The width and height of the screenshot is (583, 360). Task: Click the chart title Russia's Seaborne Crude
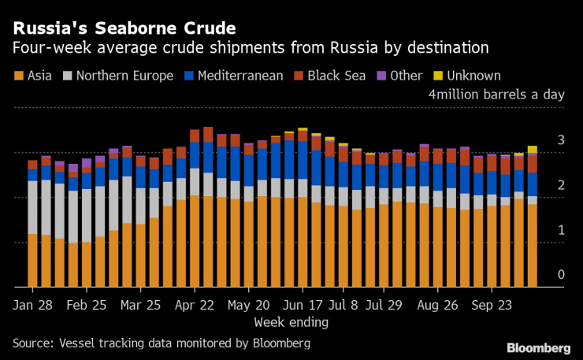click(x=123, y=29)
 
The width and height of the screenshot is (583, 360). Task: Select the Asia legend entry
click(x=35, y=76)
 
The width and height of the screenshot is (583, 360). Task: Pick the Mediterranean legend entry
click(x=240, y=76)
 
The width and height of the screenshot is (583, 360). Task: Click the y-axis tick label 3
click(x=561, y=140)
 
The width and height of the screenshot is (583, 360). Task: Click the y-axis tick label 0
click(x=561, y=275)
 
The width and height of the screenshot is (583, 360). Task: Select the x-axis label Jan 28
click(x=32, y=304)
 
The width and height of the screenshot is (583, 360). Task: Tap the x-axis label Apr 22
click(x=195, y=304)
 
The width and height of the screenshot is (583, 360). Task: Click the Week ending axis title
click(x=291, y=322)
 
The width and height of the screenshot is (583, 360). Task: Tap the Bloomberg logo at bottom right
click(x=538, y=347)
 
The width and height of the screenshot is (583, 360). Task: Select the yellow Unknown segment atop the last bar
click(x=533, y=150)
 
